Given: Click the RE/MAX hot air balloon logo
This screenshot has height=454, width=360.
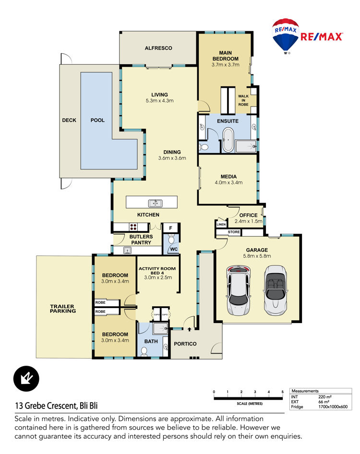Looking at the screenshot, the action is [285, 36].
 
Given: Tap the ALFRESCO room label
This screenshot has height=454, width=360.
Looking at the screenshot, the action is [158, 48].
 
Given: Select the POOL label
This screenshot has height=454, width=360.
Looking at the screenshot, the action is [97, 120].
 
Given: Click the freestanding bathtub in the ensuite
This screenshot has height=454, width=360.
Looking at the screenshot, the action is [228, 140].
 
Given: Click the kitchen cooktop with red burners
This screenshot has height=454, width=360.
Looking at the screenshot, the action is [133, 227].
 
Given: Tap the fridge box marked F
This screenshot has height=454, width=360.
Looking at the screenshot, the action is [170, 228].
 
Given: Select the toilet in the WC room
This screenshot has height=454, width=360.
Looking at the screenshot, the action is [171, 239].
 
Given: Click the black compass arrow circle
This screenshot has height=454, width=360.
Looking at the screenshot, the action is [26, 379].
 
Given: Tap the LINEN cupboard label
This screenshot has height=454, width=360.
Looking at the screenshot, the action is [221, 225].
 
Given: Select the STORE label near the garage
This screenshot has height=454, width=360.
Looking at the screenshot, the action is [234, 232].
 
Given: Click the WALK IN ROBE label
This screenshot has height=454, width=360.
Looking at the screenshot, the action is [243, 100].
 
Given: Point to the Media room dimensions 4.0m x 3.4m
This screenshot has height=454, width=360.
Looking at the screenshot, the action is [228, 182].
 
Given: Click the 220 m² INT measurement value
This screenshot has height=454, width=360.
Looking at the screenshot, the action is [324, 397].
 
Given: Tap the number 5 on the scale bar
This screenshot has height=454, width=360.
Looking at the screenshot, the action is [282, 392].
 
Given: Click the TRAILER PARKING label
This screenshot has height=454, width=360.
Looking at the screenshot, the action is [62, 309].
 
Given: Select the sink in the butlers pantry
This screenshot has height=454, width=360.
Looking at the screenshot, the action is [127, 250].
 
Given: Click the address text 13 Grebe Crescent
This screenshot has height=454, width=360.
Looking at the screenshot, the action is [47, 406].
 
